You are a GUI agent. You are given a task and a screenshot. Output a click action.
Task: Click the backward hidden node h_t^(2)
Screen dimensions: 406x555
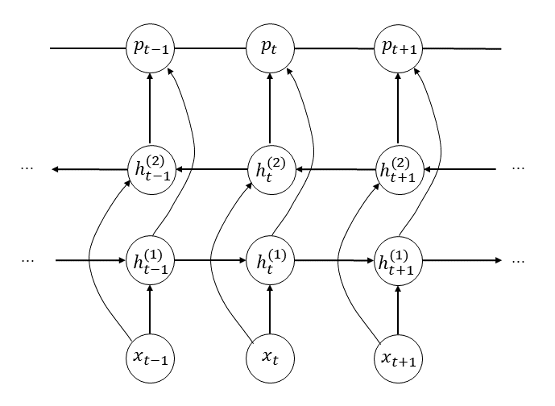tap(269, 169)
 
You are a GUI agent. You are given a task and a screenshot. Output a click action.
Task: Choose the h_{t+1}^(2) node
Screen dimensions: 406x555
tap(398, 169)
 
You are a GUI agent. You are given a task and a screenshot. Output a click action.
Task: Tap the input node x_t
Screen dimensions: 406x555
tap(269, 355)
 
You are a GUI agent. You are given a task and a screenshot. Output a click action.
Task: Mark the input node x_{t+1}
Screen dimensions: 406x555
tap(398, 355)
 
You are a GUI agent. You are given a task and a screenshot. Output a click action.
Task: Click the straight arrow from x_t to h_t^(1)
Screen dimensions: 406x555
tap(269, 308)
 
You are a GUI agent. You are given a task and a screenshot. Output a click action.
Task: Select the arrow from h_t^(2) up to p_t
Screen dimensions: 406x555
tap(269, 109)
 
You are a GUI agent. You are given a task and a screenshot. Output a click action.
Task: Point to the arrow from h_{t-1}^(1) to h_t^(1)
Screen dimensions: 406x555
tap(209, 260)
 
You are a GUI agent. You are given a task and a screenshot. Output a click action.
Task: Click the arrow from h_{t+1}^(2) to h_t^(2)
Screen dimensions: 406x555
tap(333, 169)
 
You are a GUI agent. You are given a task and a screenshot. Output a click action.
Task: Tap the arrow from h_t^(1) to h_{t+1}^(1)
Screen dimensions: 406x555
tap(333, 260)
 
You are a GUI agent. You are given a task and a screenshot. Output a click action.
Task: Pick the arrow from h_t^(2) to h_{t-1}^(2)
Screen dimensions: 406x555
tap(209, 169)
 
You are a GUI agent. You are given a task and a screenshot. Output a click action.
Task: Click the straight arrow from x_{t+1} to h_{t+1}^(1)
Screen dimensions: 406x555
tap(398, 308)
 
